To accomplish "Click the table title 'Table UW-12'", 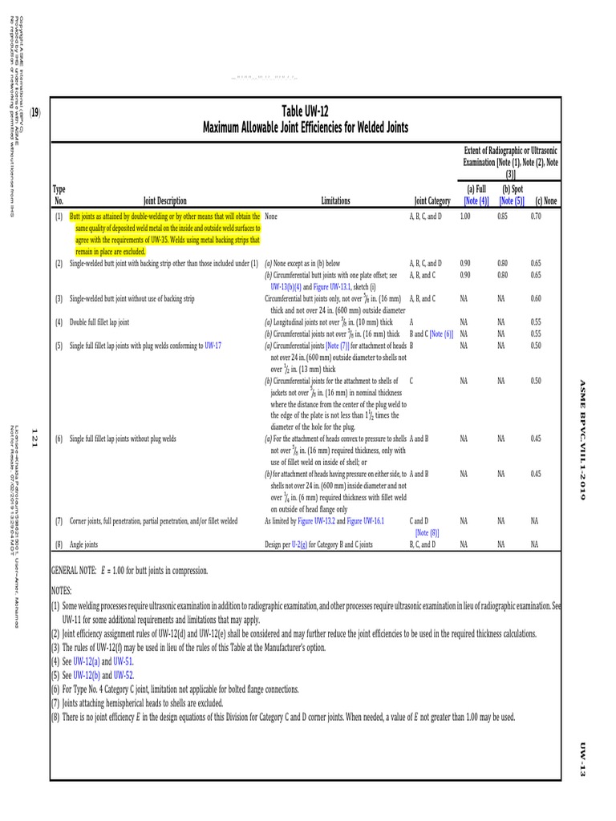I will coord(306,111).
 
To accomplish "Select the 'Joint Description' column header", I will coord(165,201).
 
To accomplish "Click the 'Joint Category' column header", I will coord(432,201).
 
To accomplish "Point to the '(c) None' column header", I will coord(546,201).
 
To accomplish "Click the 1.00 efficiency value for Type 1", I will coord(466,217).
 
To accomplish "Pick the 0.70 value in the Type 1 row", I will coord(536,217).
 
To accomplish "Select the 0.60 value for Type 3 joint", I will coord(536,299).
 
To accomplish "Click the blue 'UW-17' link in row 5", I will coord(213,346).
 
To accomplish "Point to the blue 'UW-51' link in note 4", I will coord(123,661).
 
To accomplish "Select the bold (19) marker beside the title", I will coord(35,113).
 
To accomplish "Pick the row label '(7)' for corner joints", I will coord(59,521).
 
